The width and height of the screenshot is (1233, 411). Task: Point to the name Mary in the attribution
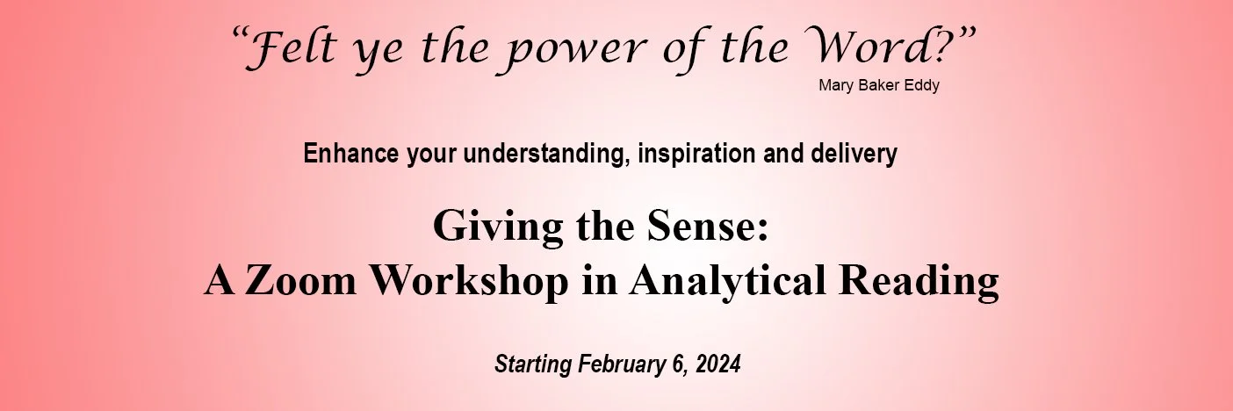834,85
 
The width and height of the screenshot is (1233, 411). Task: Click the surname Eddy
922,85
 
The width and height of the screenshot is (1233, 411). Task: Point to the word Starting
533,364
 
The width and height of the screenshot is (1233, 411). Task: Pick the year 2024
719,364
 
